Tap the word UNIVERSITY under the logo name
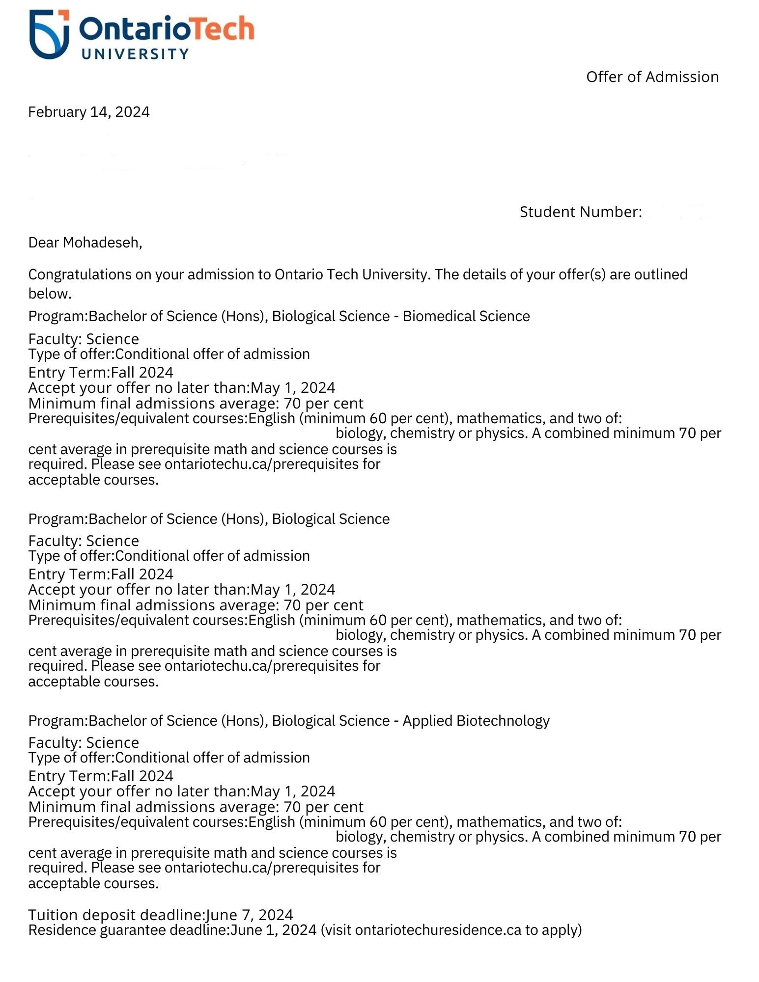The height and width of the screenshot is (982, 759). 135,54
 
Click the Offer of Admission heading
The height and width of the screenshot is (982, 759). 652,77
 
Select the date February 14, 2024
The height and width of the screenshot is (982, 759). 89,112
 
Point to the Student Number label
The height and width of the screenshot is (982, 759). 580,212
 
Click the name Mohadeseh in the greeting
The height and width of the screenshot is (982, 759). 102,243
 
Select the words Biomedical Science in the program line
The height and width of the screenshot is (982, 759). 466,316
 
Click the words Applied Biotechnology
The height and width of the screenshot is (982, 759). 476,721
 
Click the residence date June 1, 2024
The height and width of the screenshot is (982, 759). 274,930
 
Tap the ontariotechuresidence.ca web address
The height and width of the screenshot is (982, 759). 438,930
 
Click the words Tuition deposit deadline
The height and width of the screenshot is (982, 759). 116,915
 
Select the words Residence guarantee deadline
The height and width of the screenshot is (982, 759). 129,930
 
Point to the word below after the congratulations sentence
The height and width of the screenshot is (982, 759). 50,294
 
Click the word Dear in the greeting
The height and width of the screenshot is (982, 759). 44,243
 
